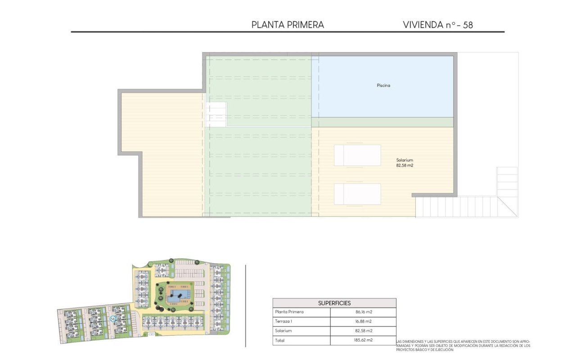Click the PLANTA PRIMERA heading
tap(288, 25)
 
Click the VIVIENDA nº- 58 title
tap(437, 25)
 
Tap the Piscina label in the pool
tap(383, 85)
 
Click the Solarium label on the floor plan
tap(405, 160)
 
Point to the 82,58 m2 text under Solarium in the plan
tap(405, 166)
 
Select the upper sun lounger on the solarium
tap(357, 155)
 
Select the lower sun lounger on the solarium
tap(357, 194)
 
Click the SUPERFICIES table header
tap(334, 303)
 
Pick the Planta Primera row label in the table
tap(289, 312)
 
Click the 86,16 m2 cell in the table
tap(363, 312)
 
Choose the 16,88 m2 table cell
tap(363, 321)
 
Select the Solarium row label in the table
tap(283, 331)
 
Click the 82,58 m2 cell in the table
tap(363, 331)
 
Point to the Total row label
tap(280, 340)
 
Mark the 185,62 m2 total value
tap(363, 340)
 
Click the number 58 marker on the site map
tap(112, 319)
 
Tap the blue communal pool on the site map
tap(179, 296)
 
